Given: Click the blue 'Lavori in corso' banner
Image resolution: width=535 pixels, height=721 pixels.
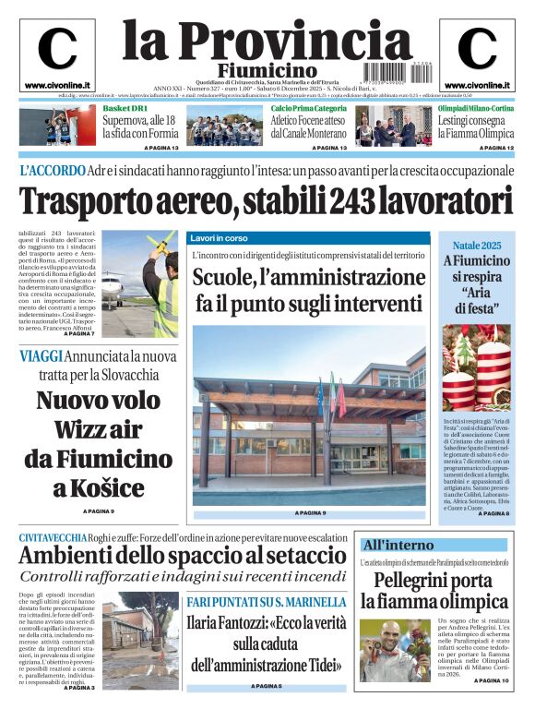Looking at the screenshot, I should pos(309,237).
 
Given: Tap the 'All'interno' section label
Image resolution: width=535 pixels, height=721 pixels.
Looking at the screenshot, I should pos(398,545).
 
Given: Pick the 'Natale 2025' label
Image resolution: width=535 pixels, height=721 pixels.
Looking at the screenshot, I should pos(476,246).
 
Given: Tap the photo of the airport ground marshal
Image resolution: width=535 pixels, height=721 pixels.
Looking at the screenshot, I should pos(138,282).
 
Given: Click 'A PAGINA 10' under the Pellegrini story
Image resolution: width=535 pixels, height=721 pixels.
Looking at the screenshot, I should pos(490,681).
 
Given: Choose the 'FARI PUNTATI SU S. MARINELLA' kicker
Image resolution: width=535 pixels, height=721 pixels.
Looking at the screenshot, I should pos(266,602).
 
